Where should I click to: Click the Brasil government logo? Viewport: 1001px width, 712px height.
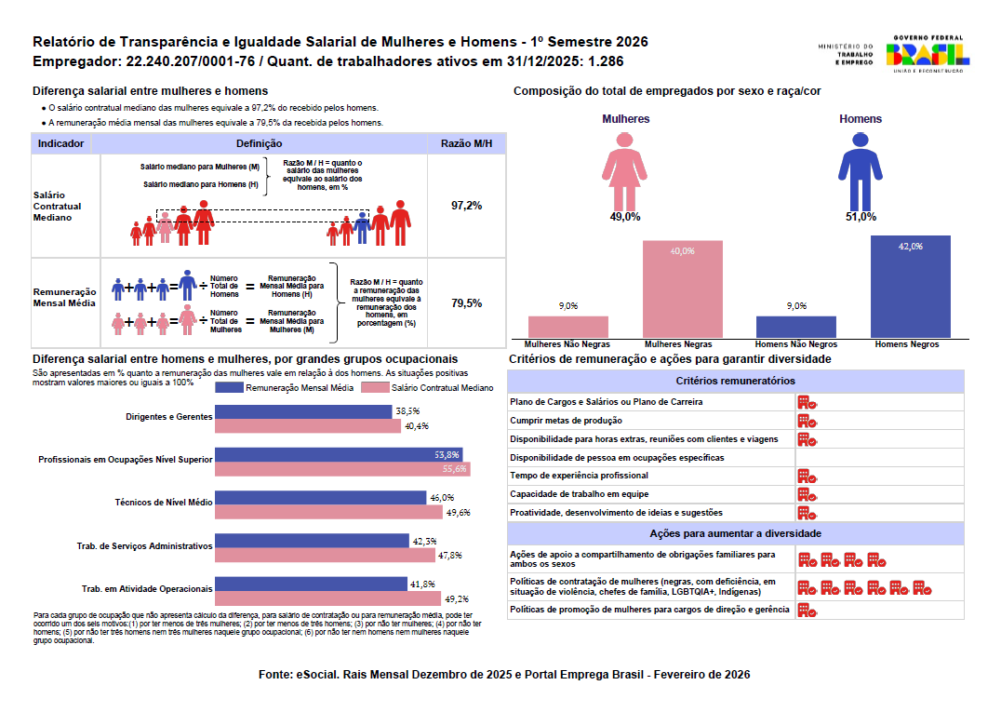(x=928, y=54)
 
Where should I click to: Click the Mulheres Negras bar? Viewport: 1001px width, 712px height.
(x=683, y=289)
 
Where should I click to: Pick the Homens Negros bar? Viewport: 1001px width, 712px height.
(x=911, y=287)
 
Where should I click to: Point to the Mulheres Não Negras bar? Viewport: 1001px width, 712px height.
(x=568, y=327)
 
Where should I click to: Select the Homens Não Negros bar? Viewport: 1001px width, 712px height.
(x=796, y=327)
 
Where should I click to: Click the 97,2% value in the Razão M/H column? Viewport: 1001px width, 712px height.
(x=467, y=206)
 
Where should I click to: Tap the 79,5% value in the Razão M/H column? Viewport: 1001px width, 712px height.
(x=467, y=303)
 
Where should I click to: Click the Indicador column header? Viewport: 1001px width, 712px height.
(x=60, y=143)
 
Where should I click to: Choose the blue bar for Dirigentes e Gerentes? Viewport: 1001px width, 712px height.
(x=303, y=412)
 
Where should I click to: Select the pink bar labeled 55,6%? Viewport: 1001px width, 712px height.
(x=343, y=469)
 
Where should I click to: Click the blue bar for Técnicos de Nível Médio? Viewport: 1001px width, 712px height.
(x=320, y=497)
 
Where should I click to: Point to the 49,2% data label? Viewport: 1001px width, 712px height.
(x=457, y=599)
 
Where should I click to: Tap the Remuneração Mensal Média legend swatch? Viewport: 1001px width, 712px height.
(x=229, y=387)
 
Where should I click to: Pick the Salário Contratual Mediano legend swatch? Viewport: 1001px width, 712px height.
(x=376, y=387)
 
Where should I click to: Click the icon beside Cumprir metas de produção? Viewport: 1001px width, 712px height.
(x=807, y=421)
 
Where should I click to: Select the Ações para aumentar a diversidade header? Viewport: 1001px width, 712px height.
(x=736, y=534)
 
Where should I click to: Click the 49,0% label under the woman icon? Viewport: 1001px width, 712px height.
(x=625, y=217)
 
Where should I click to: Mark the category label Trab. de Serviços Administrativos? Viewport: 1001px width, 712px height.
(x=144, y=546)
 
